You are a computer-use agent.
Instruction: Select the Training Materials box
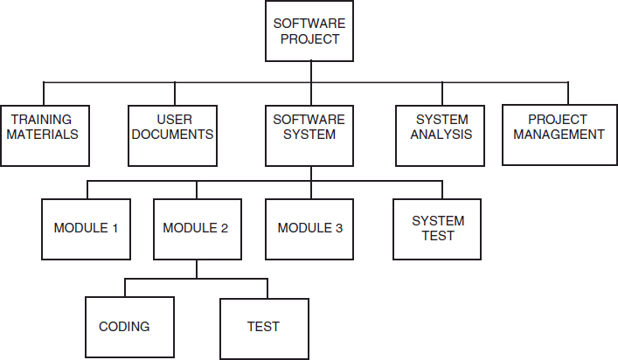click(45, 135)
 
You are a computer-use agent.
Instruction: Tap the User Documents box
click(173, 135)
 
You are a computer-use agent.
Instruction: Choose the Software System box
click(309, 135)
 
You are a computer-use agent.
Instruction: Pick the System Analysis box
click(441, 135)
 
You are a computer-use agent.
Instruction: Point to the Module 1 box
click(86, 229)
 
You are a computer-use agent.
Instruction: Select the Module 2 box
click(196, 229)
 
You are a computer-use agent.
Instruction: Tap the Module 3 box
click(309, 229)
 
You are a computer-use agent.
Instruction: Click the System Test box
click(438, 229)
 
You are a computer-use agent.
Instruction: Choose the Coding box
click(124, 327)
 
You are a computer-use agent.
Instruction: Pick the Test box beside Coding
click(263, 327)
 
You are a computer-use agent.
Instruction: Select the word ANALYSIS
click(442, 135)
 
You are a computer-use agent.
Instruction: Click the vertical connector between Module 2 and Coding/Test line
click(196, 269)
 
